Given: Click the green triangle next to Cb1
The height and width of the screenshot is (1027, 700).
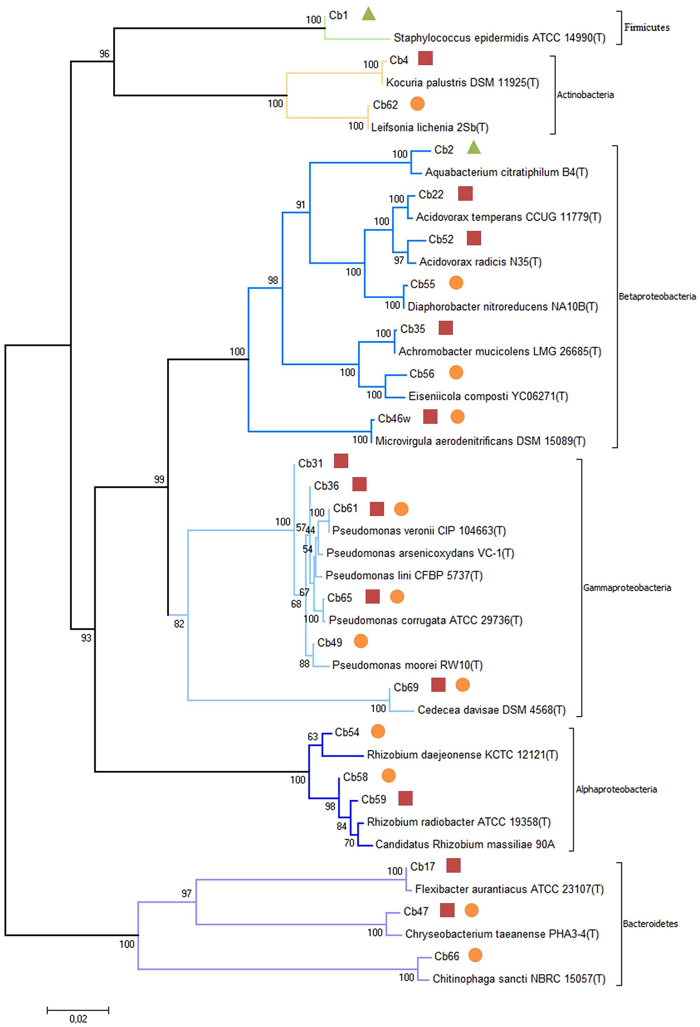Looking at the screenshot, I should (x=368, y=15).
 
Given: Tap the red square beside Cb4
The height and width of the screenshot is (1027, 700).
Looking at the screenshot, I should (x=425, y=58).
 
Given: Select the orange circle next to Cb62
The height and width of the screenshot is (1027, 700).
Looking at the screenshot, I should (x=418, y=104).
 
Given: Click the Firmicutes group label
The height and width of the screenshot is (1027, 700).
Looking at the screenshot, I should (x=646, y=27).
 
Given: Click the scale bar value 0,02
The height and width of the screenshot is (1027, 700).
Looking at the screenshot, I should (x=78, y=1019).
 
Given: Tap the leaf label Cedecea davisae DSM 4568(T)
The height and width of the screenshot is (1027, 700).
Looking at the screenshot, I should (x=491, y=710).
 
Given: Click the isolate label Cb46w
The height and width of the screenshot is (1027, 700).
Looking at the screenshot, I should (x=394, y=418).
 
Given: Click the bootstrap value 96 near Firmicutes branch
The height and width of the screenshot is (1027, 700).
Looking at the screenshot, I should (x=104, y=54).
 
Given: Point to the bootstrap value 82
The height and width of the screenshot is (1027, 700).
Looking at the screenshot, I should (x=179, y=624).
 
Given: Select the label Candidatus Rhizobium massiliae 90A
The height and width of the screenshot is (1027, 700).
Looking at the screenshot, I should (x=465, y=844).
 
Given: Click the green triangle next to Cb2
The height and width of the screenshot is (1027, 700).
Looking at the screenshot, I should (x=474, y=148).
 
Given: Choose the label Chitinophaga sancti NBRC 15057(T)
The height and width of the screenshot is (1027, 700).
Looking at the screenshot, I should (x=519, y=978).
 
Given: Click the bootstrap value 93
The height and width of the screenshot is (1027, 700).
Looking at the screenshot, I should (x=86, y=638).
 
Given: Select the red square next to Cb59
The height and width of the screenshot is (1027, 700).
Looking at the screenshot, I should (x=406, y=798).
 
